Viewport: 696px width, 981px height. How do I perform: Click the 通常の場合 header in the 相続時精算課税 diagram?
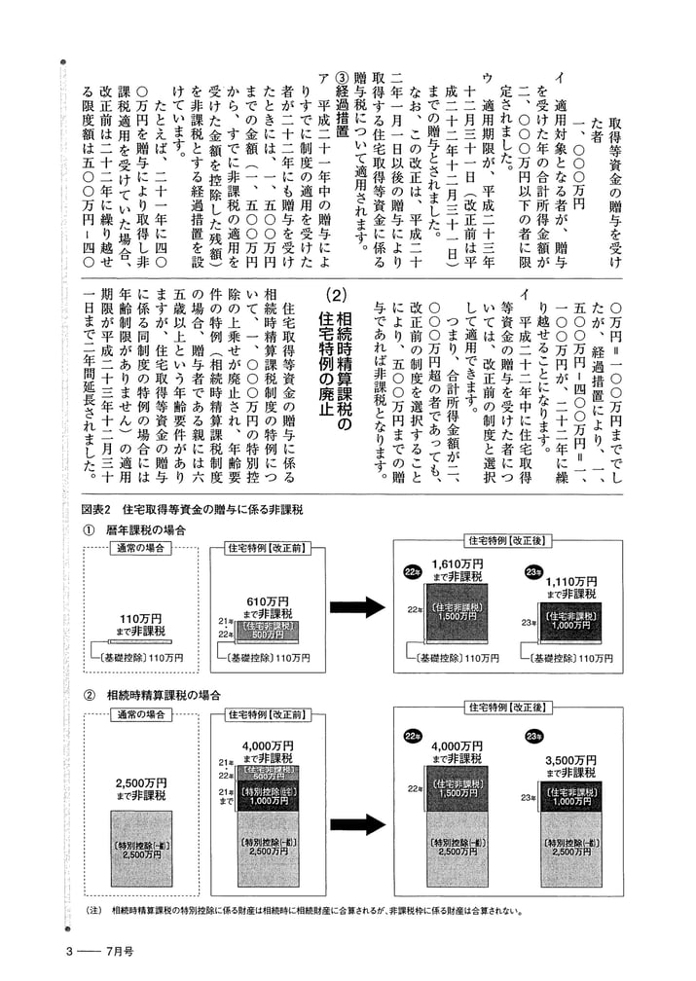pos(141,714)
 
